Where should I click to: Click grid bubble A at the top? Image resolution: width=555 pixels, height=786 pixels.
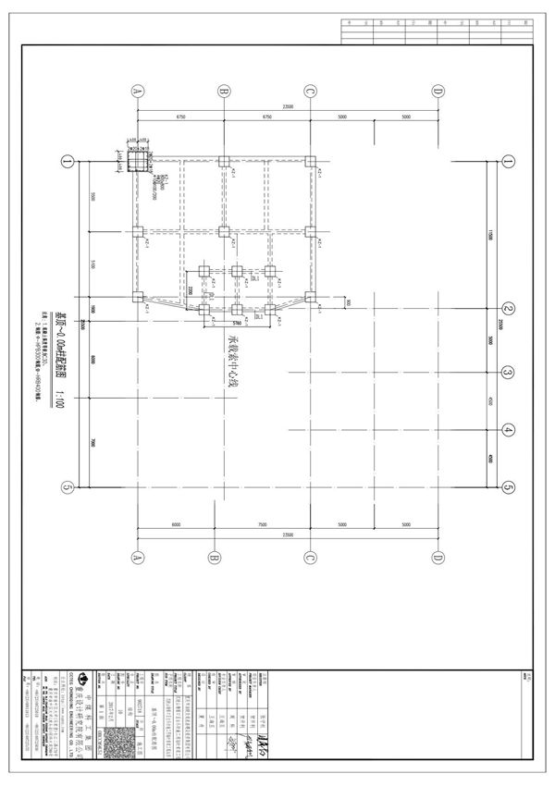(x=137, y=91)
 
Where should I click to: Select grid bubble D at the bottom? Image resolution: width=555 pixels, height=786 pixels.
(x=438, y=557)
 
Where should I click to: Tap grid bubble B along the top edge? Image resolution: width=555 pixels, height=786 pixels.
(x=224, y=91)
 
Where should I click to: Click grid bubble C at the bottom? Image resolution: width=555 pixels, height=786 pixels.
(x=311, y=557)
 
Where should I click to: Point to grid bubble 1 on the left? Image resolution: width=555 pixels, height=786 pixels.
(x=67, y=162)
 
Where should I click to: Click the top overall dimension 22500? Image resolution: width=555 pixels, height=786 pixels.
(x=288, y=106)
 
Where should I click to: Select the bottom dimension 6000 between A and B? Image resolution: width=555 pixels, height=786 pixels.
(x=175, y=525)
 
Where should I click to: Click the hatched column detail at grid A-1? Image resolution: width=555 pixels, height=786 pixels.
(x=136, y=162)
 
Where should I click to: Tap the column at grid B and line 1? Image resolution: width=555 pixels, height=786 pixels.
(x=224, y=162)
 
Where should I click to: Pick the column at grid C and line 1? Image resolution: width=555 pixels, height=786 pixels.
(x=311, y=162)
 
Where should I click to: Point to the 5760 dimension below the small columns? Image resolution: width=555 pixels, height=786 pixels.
(x=236, y=324)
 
